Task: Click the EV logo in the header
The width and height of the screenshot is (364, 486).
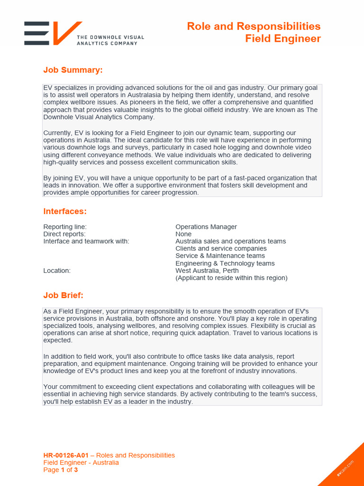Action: [x=52, y=33]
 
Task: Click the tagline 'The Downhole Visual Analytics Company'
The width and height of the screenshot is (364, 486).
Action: [x=110, y=40]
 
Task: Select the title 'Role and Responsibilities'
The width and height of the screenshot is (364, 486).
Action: [x=254, y=26]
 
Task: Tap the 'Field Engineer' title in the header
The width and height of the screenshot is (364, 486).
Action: [x=282, y=38]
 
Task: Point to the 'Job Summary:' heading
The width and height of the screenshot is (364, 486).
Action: [x=73, y=70]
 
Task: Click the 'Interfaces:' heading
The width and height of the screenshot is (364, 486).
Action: [x=65, y=211]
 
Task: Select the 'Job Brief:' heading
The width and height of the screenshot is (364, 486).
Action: [x=63, y=295]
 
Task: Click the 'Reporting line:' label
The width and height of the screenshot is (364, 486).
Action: [x=65, y=227]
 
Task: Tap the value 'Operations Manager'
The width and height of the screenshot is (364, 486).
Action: [x=206, y=227]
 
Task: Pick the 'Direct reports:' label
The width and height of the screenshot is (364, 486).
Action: [x=64, y=234]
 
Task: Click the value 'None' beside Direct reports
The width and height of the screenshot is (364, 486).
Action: [x=183, y=234]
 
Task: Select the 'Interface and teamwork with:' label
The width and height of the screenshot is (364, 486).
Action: [x=86, y=241]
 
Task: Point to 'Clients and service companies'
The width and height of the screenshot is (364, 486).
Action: [x=221, y=249]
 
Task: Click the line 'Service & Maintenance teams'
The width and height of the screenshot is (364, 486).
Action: [x=220, y=256]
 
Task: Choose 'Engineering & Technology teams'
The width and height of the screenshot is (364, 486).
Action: [x=225, y=263]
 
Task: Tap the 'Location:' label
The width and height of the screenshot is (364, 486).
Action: [x=57, y=271]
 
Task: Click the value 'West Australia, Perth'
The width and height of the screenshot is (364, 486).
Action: [x=207, y=271]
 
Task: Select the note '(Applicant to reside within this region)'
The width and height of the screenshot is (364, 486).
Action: [x=231, y=278]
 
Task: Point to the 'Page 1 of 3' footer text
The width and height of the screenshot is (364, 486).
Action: [x=61, y=470]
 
